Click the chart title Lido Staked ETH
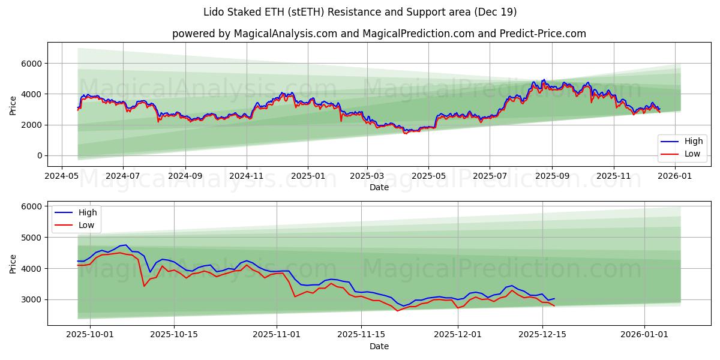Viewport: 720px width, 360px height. (360, 12)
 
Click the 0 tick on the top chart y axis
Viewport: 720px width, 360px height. (37, 156)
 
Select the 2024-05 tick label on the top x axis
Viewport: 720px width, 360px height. (62, 176)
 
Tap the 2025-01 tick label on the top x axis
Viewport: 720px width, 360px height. (308, 176)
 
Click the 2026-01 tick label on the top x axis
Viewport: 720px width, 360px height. (675, 176)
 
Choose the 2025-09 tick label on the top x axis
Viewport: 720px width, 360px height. (552, 176)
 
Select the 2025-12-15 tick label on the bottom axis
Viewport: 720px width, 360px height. (542, 335)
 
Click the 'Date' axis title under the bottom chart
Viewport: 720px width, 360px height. (379, 346)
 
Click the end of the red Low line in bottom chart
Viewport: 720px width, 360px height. (554, 306)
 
